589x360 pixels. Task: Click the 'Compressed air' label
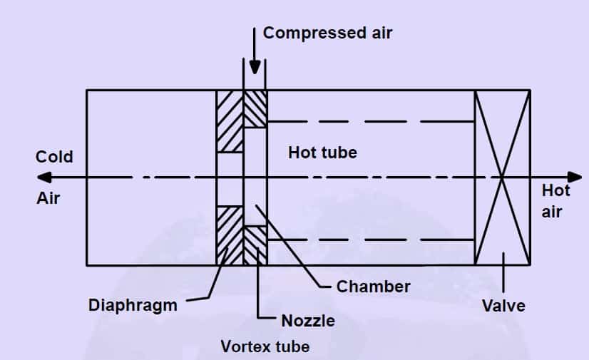click(x=327, y=33)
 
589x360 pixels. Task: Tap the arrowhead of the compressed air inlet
click(x=255, y=68)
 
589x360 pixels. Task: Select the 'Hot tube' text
click(x=322, y=153)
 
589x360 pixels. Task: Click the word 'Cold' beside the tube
click(x=54, y=157)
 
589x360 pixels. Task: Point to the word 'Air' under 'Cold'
click(x=48, y=198)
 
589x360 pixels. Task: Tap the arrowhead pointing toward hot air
click(x=575, y=178)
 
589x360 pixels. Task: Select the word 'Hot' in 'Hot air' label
click(x=555, y=191)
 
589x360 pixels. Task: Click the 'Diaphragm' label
click(x=133, y=305)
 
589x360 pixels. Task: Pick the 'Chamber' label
click(x=373, y=287)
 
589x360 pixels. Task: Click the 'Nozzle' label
click(x=307, y=321)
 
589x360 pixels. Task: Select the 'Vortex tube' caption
click(x=265, y=347)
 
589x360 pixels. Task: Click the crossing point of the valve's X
click(x=503, y=178)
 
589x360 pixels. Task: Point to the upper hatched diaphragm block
click(x=230, y=120)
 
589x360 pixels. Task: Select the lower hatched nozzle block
click(x=255, y=245)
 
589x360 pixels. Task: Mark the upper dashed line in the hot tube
click(x=371, y=122)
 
